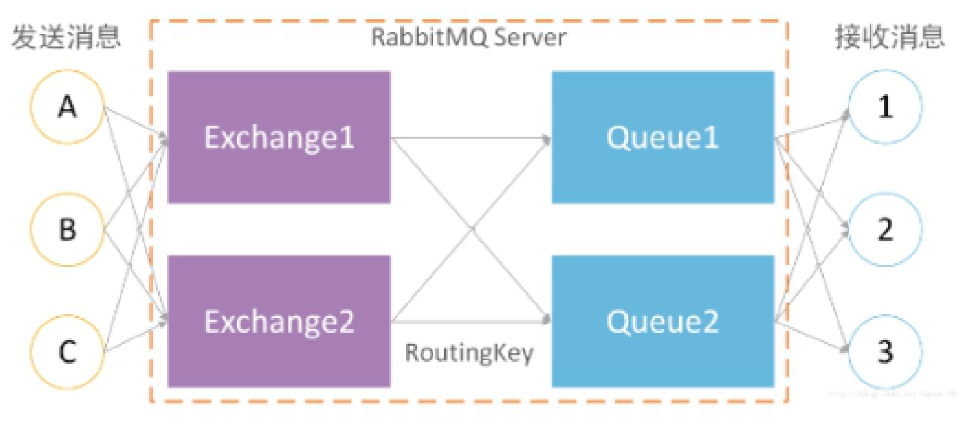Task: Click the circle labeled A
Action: (x=67, y=108)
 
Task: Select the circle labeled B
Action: (x=67, y=230)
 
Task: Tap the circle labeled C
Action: (x=67, y=352)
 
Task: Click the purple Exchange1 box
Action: (x=279, y=137)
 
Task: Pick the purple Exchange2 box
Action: (x=279, y=321)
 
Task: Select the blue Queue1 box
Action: (x=663, y=137)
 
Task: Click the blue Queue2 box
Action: (x=663, y=321)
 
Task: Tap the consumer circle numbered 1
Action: (x=885, y=108)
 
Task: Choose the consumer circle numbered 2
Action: (x=885, y=230)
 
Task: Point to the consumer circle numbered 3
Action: (x=885, y=352)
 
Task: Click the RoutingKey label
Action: (x=469, y=353)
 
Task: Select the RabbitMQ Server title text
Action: (x=468, y=37)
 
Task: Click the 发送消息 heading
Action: (x=66, y=37)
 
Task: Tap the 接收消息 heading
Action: (x=889, y=37)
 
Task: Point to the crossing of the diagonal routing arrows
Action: (x=471, y=229)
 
